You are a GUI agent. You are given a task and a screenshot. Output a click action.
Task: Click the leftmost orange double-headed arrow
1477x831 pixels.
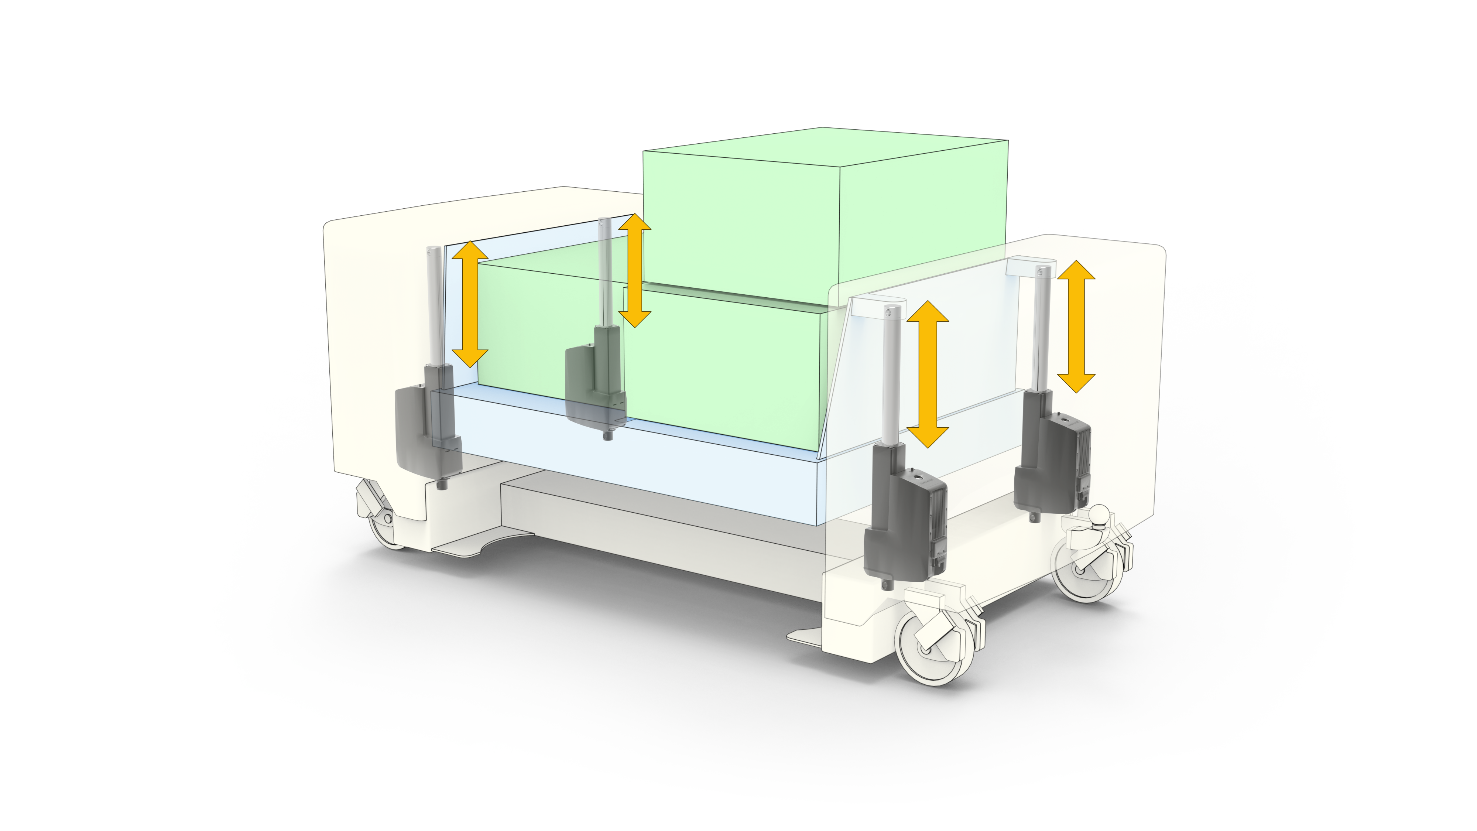[x=470, y=304]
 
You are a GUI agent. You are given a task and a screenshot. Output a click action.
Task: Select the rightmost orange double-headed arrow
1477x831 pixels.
[x=1076, y=326]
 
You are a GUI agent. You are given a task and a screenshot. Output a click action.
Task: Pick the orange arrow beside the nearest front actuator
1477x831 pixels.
[x=927, y=373]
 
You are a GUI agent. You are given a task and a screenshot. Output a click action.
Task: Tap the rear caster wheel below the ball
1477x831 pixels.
[x=1084, y=571]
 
